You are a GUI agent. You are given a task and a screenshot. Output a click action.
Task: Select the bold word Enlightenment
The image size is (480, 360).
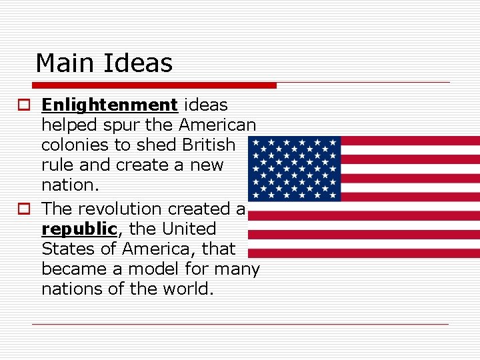point(109,105)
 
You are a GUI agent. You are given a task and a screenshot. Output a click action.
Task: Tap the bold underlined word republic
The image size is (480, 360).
point(79,229)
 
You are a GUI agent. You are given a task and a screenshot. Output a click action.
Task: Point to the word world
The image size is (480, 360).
point(189,289)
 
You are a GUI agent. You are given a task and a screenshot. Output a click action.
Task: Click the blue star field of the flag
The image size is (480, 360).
point(294,169)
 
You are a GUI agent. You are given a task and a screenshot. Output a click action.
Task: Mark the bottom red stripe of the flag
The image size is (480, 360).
point(363,253)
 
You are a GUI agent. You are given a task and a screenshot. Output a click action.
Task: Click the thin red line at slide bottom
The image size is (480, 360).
point(240,324)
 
